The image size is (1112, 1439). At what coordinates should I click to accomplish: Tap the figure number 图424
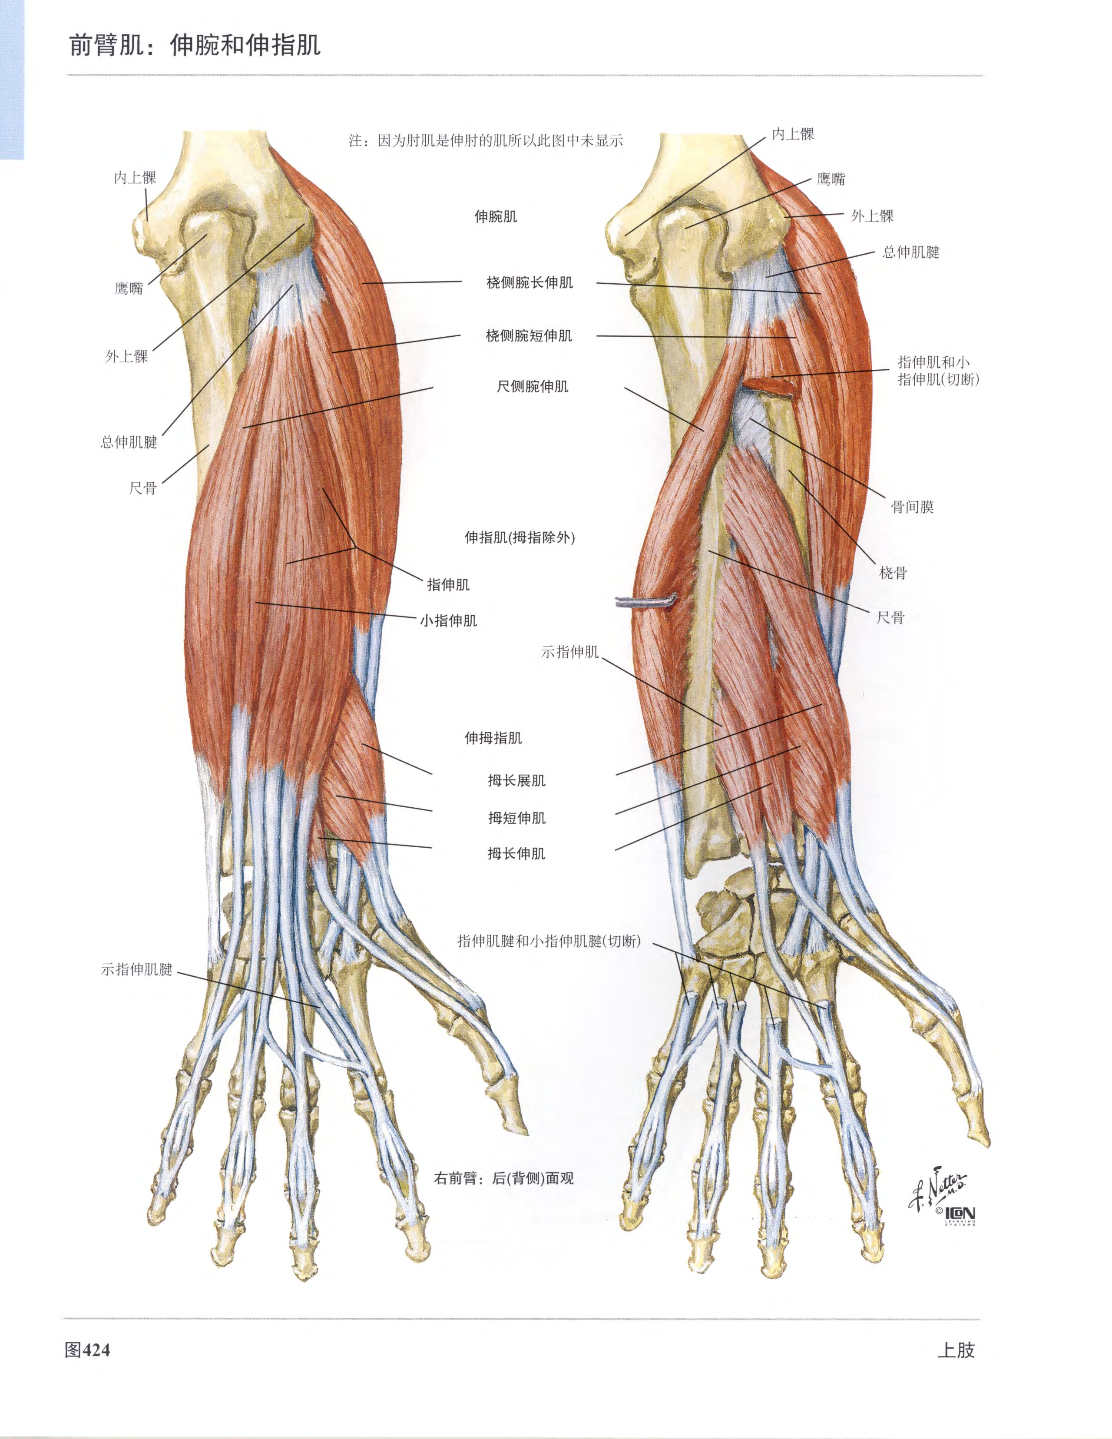tap(87, 1350)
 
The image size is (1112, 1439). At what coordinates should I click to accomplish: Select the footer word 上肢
tap(956, 1350)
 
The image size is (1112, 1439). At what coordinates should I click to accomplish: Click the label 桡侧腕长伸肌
tap(530, 283)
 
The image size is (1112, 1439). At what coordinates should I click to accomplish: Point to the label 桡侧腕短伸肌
tap(529, 335)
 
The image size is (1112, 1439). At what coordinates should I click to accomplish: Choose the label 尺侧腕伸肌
tap(532, 386)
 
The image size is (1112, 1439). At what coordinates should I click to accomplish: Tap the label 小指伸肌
tap(449, 621)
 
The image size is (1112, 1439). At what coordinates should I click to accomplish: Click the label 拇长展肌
tap(516, 781)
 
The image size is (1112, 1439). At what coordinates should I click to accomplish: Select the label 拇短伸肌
tap(516, 818)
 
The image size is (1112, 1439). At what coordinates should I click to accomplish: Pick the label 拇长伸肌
tap(516, 854)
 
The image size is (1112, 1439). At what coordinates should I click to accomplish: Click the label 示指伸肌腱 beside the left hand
tap(137, 969)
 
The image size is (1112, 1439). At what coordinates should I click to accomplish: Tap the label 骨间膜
tap(912, 507)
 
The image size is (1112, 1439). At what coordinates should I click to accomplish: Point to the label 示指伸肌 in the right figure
tap(570, 652)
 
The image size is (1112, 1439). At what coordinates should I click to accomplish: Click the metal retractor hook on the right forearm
tap(645, 601)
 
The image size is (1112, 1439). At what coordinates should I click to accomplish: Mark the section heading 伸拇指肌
tap(493, 738)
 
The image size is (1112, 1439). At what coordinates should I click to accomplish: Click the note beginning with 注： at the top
tap(486, 140)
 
